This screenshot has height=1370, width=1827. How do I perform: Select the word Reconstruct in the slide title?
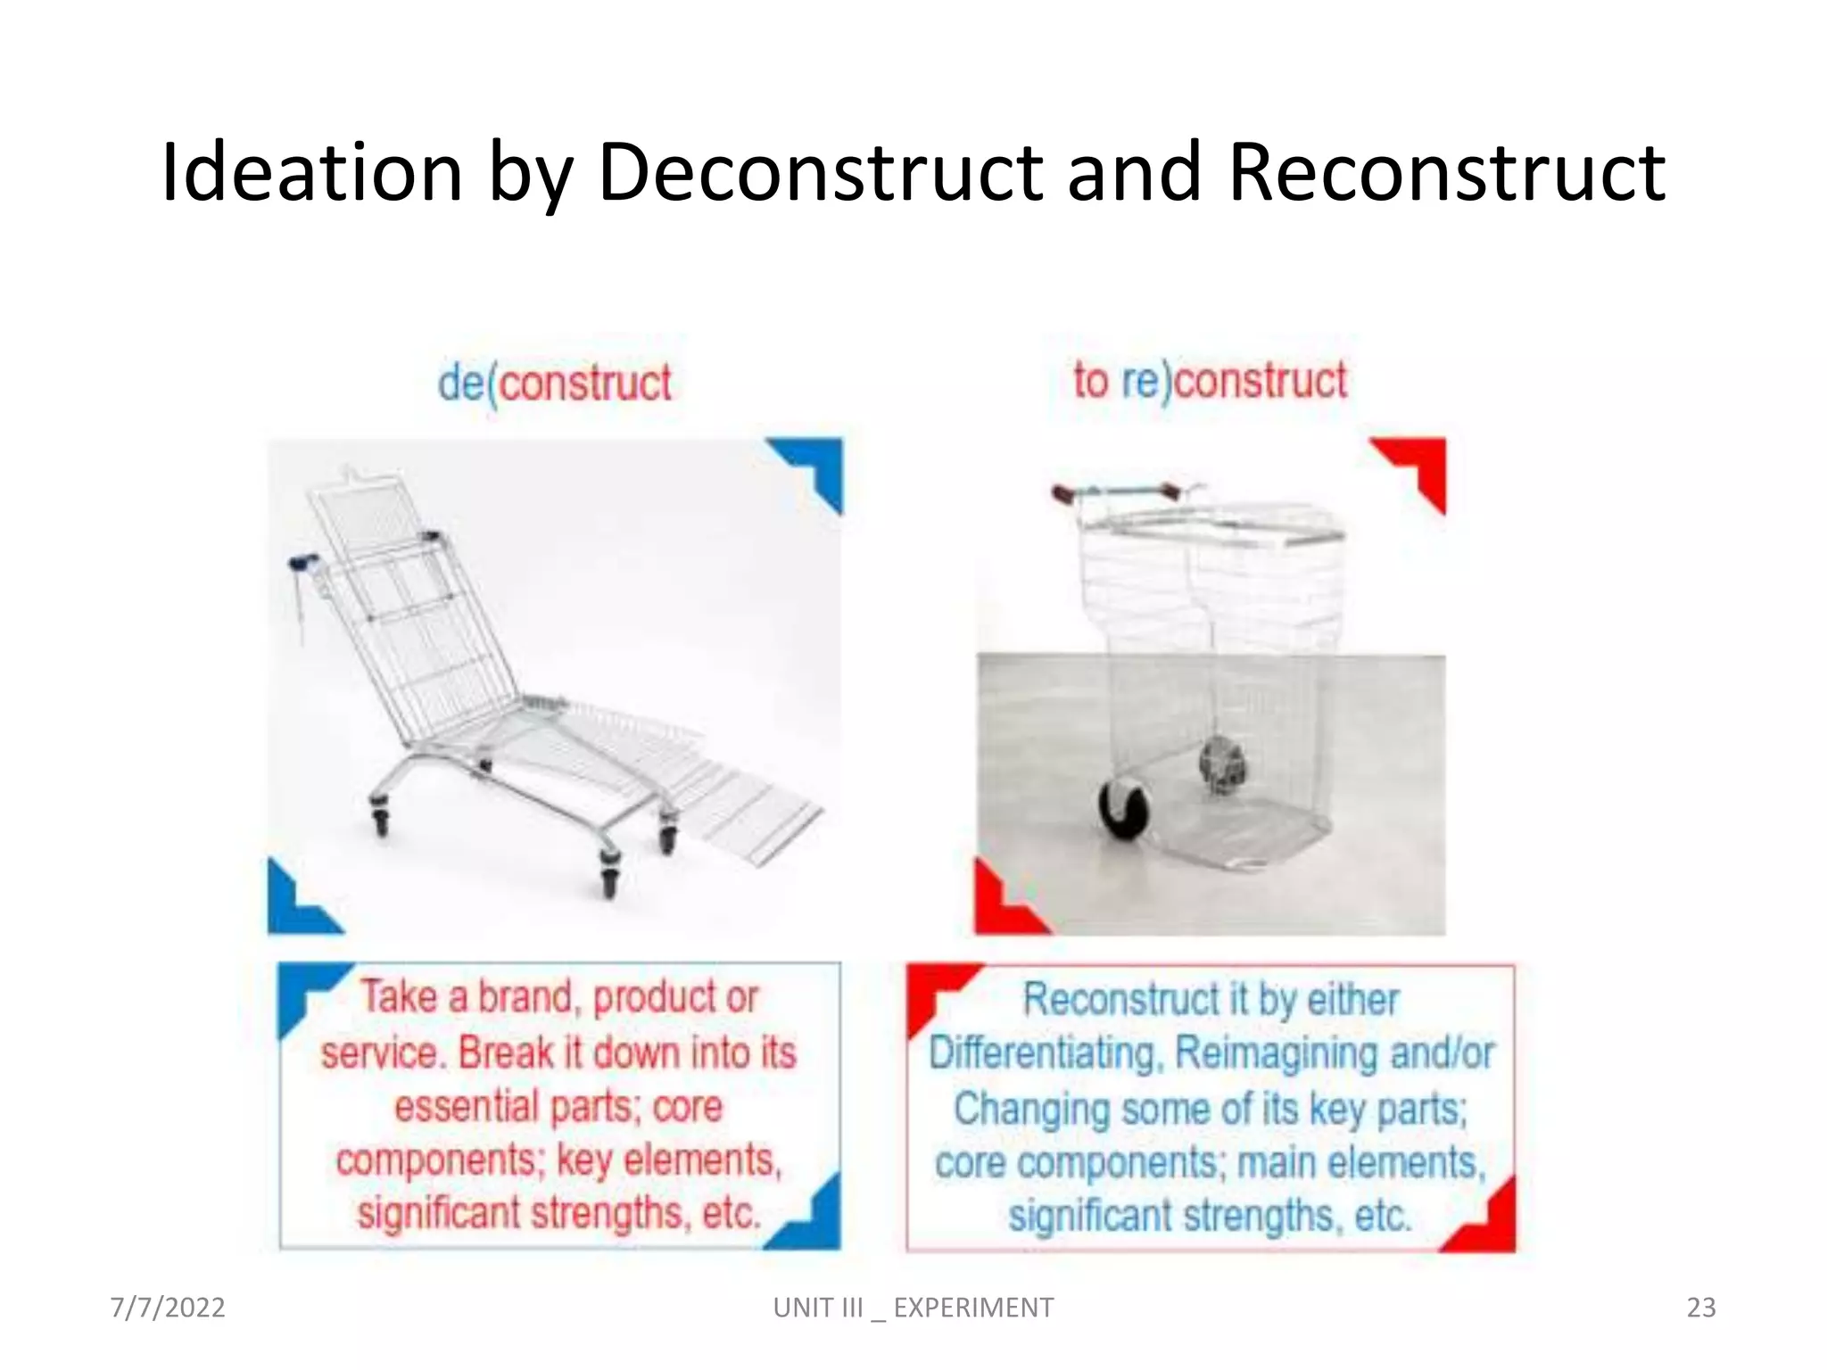pos(1446,172)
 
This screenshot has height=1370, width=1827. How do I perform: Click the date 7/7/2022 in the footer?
pos(168,1308)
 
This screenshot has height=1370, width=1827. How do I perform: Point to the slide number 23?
pos(1701,1308)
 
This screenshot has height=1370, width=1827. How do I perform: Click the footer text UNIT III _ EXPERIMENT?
pos(913,1308)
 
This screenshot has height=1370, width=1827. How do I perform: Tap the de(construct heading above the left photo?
pos(554,384)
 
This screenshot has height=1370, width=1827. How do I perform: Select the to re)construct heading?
pos(1210,381)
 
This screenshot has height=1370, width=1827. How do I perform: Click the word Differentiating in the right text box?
pos(1042,1053)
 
